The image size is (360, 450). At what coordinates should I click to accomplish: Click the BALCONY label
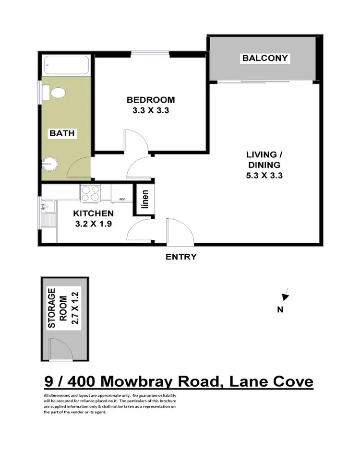[265, 59]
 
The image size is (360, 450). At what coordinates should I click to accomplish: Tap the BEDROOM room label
[151, 100]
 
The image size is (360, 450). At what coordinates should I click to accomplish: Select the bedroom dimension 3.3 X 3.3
[151, 110]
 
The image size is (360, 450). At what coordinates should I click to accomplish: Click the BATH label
[62, 133]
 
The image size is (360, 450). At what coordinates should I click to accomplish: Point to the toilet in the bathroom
[57, 92]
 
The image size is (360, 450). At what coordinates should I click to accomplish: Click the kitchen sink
[48, 207]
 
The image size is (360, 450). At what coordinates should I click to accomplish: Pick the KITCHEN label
[93, 213]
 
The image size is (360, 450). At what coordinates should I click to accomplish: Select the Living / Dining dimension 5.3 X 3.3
[264, 175]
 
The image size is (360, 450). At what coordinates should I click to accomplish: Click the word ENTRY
[181, 257]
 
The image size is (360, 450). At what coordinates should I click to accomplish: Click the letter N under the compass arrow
[281, 309]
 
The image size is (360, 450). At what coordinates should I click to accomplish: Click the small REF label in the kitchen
[122, 199]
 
